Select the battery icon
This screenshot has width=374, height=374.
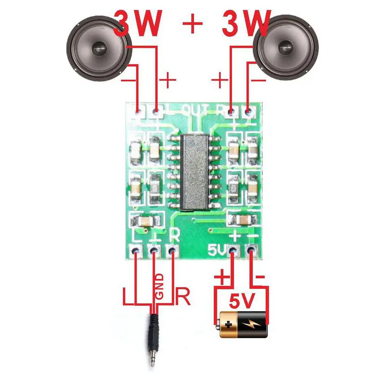pos(242,324)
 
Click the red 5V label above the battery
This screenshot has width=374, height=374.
pos(242,302)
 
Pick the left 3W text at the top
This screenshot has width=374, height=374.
pos(138,23)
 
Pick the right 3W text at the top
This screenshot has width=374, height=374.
pos(246,22)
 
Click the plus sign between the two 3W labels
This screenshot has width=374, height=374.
pos(192,23)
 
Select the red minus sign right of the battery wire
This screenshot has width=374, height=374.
pos(261,278)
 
